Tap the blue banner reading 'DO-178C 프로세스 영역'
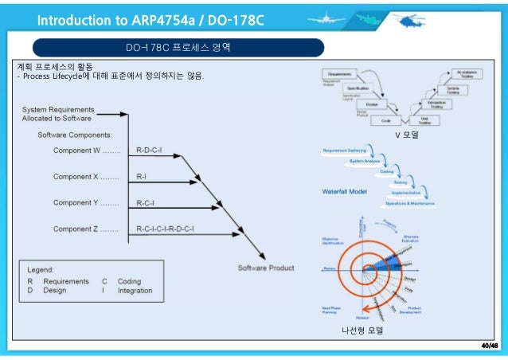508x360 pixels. click(x=178, y=47)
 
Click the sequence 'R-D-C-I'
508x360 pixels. click(x=149, y=150)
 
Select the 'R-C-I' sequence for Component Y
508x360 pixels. click(x=146, y=202)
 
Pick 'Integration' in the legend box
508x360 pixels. click(x=135, y=292)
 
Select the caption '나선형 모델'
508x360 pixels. click(x=362, y=330)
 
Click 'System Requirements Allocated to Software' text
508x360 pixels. click(x=58, y=112)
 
